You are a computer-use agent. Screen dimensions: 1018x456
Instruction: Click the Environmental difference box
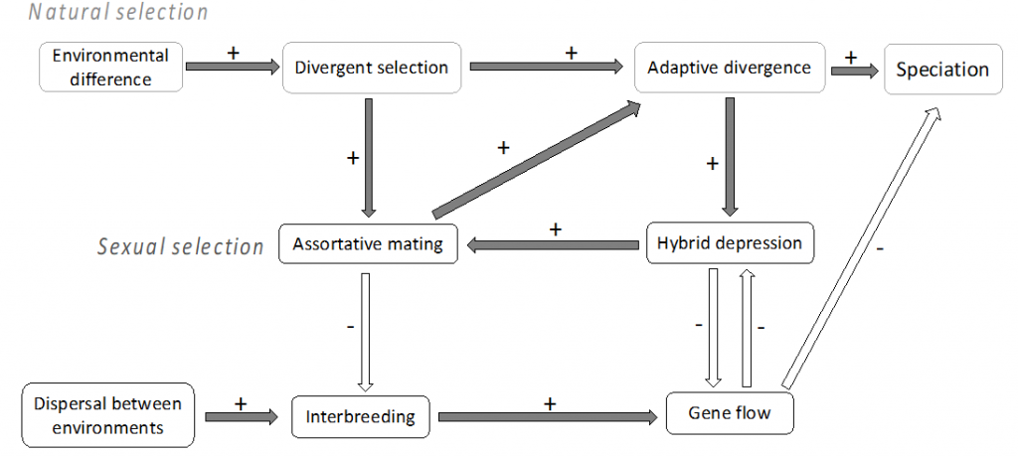(111, 68)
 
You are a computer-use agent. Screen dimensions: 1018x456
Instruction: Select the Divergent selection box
(372, 68)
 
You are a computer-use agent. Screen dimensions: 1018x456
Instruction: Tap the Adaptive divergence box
(730, 68)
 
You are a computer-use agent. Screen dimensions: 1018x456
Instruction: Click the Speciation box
(942, 70)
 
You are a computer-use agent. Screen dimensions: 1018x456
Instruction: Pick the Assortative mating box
(368, 243)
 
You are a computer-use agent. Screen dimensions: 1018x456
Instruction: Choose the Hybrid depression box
(730, 243)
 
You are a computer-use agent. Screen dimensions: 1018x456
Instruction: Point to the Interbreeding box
(360, 416)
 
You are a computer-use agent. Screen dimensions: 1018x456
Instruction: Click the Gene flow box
(730, 412)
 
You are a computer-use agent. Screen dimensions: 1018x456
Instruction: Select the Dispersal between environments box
(107, 415)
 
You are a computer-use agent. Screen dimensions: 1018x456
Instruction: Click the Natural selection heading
(118, 12)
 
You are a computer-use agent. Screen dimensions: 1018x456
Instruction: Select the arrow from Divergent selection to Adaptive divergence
(547, 66)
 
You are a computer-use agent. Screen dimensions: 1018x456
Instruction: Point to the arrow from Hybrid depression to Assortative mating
(553, 244)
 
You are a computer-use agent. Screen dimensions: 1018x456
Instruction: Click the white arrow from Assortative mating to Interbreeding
(365, 333)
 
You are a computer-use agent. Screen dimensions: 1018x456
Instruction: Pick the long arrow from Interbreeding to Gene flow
(549, 417)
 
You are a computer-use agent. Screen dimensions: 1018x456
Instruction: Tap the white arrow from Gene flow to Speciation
(861, 246)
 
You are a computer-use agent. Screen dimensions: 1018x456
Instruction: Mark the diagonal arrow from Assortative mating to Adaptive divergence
(536, 159)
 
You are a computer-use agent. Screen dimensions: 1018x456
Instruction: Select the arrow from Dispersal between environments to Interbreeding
(242, 417)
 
